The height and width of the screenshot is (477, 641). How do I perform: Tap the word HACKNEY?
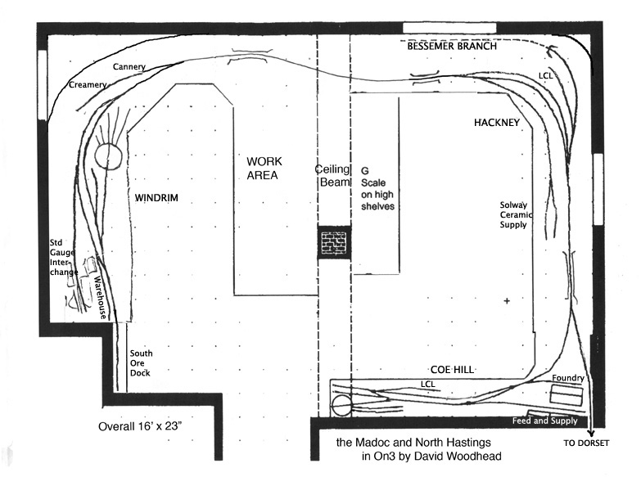(x=497, y=122)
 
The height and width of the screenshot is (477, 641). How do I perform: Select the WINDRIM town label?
(x=156, y=198)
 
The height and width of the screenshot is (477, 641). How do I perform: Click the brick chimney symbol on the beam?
(x=334, y=243)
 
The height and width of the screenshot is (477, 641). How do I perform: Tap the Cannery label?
(x=130, y=66)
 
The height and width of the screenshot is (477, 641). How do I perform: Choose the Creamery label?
(x=88, y=84)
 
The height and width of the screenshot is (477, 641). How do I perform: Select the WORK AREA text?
(x=263, y=169)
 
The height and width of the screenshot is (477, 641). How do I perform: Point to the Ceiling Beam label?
(x=333, y=176)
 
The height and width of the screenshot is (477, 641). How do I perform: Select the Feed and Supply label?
(x=544, y=421)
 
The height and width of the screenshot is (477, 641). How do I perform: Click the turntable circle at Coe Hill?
(x=341, y=406)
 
